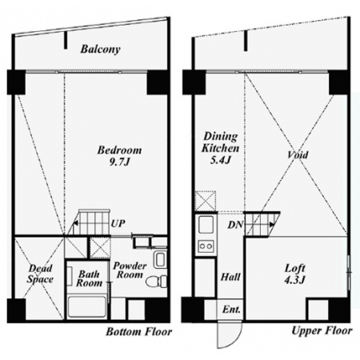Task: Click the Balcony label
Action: (x=100, y=50)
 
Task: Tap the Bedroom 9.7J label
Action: (x=119, y=156)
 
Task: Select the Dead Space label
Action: (x=40, y=274)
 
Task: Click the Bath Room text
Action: (x=89, y=278)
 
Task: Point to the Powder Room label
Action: (x=130, y=270)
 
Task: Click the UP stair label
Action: (x=118, y=223)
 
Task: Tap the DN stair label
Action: (x=235, y=225)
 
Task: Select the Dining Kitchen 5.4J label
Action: (x=220, y=147)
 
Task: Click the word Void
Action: (x=298, y=154)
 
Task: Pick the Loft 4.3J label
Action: (x=295, y=274)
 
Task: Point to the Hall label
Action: (x=230, y=277)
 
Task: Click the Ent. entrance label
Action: (x=231, y=310)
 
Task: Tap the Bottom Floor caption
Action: (x=139, y=332)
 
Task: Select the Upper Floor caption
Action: (x=322, y=330)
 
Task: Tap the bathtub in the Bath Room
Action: (x=86, y=307)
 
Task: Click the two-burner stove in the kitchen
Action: (x=206, y=246)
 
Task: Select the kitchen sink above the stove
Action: (x=206, y=224)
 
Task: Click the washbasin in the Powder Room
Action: (x=160, y=259)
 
